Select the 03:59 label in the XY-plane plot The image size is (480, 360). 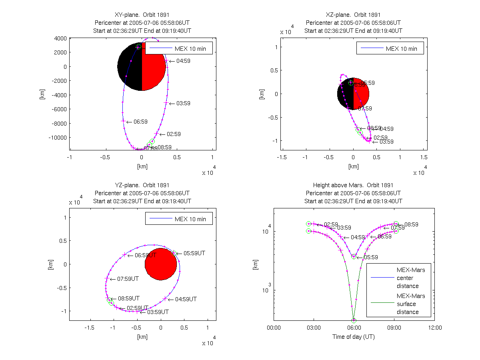(183, 103)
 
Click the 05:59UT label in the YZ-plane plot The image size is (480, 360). (194, 253)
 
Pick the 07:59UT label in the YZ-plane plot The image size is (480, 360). (128, 279)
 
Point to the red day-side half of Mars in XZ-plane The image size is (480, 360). (361, 94)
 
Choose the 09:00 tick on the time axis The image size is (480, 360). (394, 328)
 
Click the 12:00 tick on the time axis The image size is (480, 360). (435, 328)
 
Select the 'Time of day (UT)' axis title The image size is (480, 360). (354, 337)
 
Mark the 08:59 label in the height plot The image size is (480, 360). (411, 224)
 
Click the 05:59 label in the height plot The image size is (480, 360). (370, 257)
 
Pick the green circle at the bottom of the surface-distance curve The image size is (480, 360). (354, 320)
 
